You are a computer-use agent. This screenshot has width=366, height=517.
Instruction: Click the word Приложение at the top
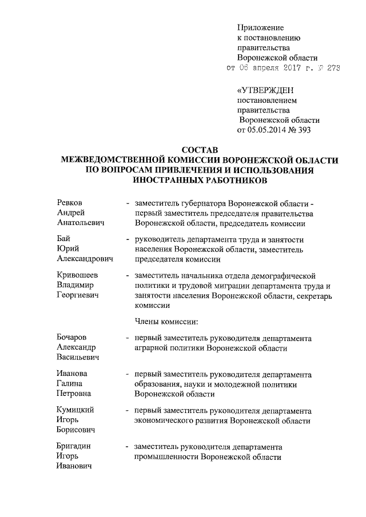point(260,27)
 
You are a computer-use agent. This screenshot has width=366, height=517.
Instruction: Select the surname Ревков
point(69,203)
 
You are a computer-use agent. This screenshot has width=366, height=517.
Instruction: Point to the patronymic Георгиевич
point(78,295)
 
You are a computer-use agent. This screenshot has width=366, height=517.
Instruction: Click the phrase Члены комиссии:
point(166,321)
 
